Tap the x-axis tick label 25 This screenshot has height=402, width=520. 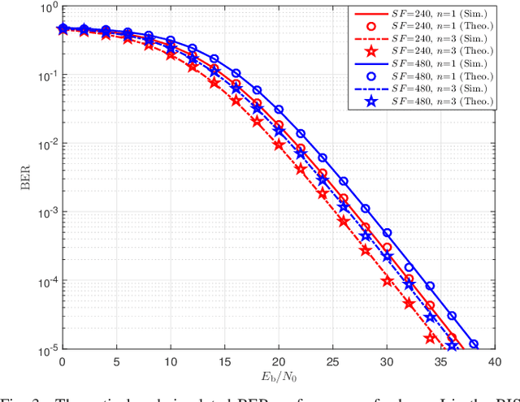[x=332, y=360]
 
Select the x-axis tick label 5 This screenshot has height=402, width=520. [x=116, y=360]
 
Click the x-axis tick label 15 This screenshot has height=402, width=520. [x=224, y=360]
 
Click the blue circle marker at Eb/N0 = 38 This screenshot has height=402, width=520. [x=474, y=344]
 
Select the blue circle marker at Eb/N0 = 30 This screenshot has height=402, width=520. [x=387, y=233]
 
